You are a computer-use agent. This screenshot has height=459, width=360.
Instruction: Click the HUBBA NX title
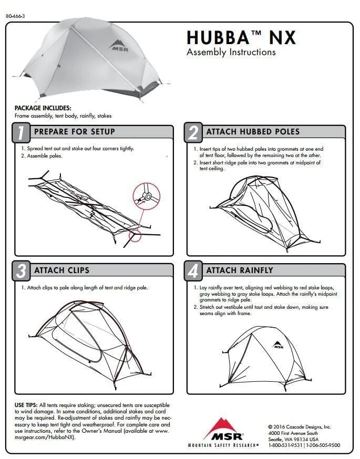click(241, 37)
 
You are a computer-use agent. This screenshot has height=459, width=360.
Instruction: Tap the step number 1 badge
click(21, 133)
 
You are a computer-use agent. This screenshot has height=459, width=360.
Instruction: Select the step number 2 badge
click(193, 133)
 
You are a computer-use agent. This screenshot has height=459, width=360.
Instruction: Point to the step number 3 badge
click(21, 272)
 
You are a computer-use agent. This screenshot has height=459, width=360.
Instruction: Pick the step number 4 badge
click(193, 272)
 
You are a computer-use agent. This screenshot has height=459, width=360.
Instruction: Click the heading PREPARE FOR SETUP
click(74, 131)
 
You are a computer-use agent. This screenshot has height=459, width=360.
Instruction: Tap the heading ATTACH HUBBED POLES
click(253, 131)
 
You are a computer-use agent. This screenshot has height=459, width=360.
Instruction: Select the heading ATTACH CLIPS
click(61, 270)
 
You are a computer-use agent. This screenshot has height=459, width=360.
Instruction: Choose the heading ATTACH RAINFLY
click(240, 270)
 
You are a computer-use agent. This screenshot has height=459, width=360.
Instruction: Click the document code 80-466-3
click(16, 16)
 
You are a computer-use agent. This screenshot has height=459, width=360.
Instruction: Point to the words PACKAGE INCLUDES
click(39, 108)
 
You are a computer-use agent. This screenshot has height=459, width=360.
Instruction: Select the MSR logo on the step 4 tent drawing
click(278, 345)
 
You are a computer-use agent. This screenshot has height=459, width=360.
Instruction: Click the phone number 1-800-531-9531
click(285, 445)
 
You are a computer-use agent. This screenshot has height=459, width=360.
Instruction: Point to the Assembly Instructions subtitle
click(231, 52)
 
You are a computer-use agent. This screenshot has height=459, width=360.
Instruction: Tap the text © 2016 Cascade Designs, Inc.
click(299, 426)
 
